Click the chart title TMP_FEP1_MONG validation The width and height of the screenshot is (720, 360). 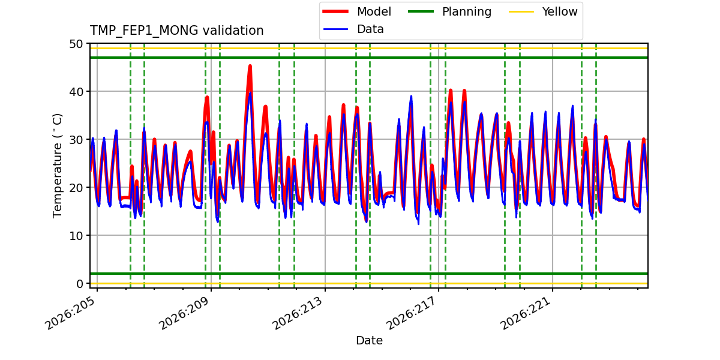(176, 31)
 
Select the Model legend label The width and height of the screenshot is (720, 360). (374, 11)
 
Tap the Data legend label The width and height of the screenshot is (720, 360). (370, 29)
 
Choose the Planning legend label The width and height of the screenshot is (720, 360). (467, 12)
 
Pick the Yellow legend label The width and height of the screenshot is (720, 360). (560, 11)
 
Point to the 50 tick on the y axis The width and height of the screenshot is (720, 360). (76, 44)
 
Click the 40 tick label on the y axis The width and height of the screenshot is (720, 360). (76, 92)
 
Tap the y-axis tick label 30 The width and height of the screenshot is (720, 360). (76, 140)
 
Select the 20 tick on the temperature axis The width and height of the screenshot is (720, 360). (76, 188)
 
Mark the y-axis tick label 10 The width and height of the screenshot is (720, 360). (76, 236)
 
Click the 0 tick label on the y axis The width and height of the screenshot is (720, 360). (80, 284)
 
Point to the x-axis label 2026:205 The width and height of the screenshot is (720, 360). (71, 313)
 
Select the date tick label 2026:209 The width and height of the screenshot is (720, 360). (185, 313)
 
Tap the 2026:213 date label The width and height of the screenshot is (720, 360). (298, 313)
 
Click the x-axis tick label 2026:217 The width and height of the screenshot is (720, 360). (412, 313)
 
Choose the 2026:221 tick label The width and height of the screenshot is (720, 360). (526, 313)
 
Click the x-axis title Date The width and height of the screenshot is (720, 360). (369, 340)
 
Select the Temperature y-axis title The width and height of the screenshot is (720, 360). (57, 166)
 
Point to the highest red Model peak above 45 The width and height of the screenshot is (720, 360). (250, 66)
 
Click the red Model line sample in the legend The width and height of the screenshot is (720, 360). (335, 11)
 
